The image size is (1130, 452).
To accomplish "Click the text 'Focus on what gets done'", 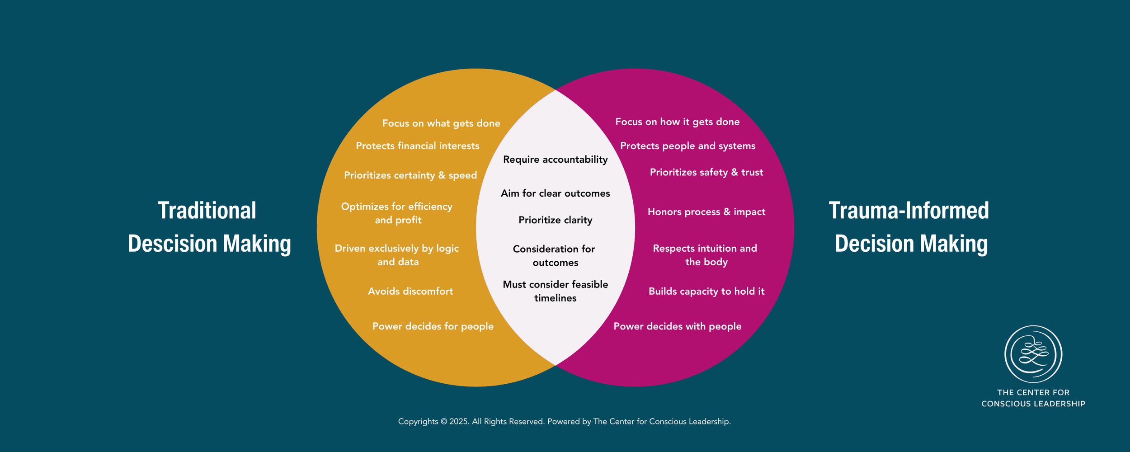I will pyautogui.click(x=441, y=123).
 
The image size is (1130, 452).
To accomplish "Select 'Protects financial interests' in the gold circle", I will pyautogui.click(x=417, y=146).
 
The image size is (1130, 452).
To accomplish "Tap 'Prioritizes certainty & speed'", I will pyautogui.click(x=410, y=175).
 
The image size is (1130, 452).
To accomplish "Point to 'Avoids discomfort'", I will pyautogui.click(x=410, y=292).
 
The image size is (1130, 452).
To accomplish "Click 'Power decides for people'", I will pyautogui.click(x=433, y=326).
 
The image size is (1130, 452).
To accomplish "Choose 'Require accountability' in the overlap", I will pyautogui.click(x=555, y=160).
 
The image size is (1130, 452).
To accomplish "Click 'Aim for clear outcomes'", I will pyautogui.click(x=555, y=193).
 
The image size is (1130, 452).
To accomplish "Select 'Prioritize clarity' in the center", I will pyautogui.click(x=555, y=220).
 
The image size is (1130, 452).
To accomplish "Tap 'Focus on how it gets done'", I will pyautogui.click(x=677, y=122).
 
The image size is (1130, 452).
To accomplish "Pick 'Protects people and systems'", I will pyautogui.click(x=687, y=146).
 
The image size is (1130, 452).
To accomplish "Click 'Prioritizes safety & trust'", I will pyautogui.click(x=706, y=172).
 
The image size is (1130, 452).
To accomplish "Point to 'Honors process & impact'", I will pyautogui.click(x=706, y=212).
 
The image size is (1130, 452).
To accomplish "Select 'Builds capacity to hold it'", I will pyautogui.click(x=706, y=292).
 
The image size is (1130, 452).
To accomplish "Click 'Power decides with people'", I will pyautogui.click(x=677, y=326).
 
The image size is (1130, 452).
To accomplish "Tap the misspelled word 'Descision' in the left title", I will pyautogui.click(x=173, y=244).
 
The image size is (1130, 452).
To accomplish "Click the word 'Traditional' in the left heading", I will pyautogui.click(x=207, y=211).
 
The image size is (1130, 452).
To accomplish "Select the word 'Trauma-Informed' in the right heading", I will pyautogui.click(x=909, y=211).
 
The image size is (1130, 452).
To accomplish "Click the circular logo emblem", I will pyautogui.click(x=1033, y=354).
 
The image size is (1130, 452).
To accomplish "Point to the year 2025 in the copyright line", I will pyautogui.click(x=458, y=422).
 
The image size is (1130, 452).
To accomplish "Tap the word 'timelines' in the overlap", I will pyautogui.click(x=555, y=298).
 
